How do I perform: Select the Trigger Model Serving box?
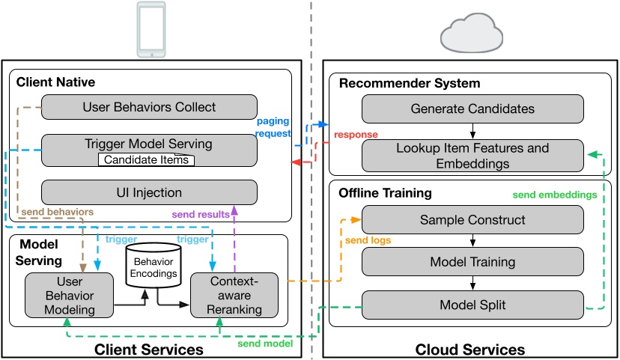(148, 144)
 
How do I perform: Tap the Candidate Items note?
(145, 160)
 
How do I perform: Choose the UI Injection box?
(148, 193)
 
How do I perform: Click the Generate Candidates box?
(472, 109)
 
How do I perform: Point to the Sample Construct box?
(472, 220)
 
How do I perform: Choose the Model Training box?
(472, 262)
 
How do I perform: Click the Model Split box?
(472, 305)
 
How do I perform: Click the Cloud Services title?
(471, 350)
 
